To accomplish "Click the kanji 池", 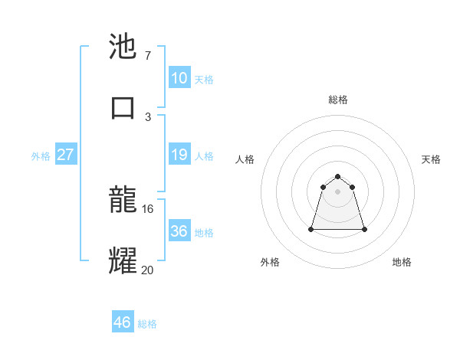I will click(x=123, y=47).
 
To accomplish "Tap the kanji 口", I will click(x=123, y=107).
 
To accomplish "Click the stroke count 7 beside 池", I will click(x=147, y=56).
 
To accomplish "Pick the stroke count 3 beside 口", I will click(x=147, y=116).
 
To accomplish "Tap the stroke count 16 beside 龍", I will click(x=148, y=208).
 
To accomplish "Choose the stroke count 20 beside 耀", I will click(x=148, y=269).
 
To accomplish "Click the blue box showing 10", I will click(x=179, y=78).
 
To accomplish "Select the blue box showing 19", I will click(x=179, y=155).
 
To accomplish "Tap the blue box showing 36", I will click(x=179, y=231).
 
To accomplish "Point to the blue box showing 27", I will click(x=66, y=155).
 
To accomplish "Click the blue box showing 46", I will click(x=123, y=322).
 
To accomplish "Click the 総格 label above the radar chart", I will click(x=338, y=100).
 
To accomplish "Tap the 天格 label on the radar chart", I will click(x=431, y=159).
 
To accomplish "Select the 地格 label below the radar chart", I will click(x=402, y=262).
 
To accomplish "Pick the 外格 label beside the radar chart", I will click(x=270, y=262).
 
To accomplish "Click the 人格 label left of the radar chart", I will click(x=245, y=159).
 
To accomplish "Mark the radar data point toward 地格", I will click(x=363, y=229).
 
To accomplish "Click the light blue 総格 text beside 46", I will click(x=147, y=324).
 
